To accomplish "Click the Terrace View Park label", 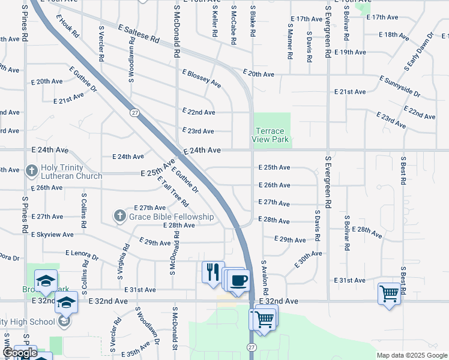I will pyautogui.click(x=272, y=135).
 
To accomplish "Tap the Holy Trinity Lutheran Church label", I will pyautogui.click(x=69, y=172).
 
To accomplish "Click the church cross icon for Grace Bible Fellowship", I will pyautogui.click(x=120, y=215).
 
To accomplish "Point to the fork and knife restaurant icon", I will pyautogui.click(x=212, y=272).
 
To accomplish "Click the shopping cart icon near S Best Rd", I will pyautogui.click(x=389, y=293).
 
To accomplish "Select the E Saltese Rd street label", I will pyautogui.click(x=139, y=33).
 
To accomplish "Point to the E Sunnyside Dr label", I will pyautogui.click(x=400, y=86).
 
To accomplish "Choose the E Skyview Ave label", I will pyautogui.click(x=52, y=234).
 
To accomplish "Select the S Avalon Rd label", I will pyautogui.click(x=265, y=276).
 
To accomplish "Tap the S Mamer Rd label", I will pyautogui.click(x=290, y=41).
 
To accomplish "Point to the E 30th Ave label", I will pyautogui.click(x=308, y=259).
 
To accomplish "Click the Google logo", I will pyautogui.click(x=20, y=353).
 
